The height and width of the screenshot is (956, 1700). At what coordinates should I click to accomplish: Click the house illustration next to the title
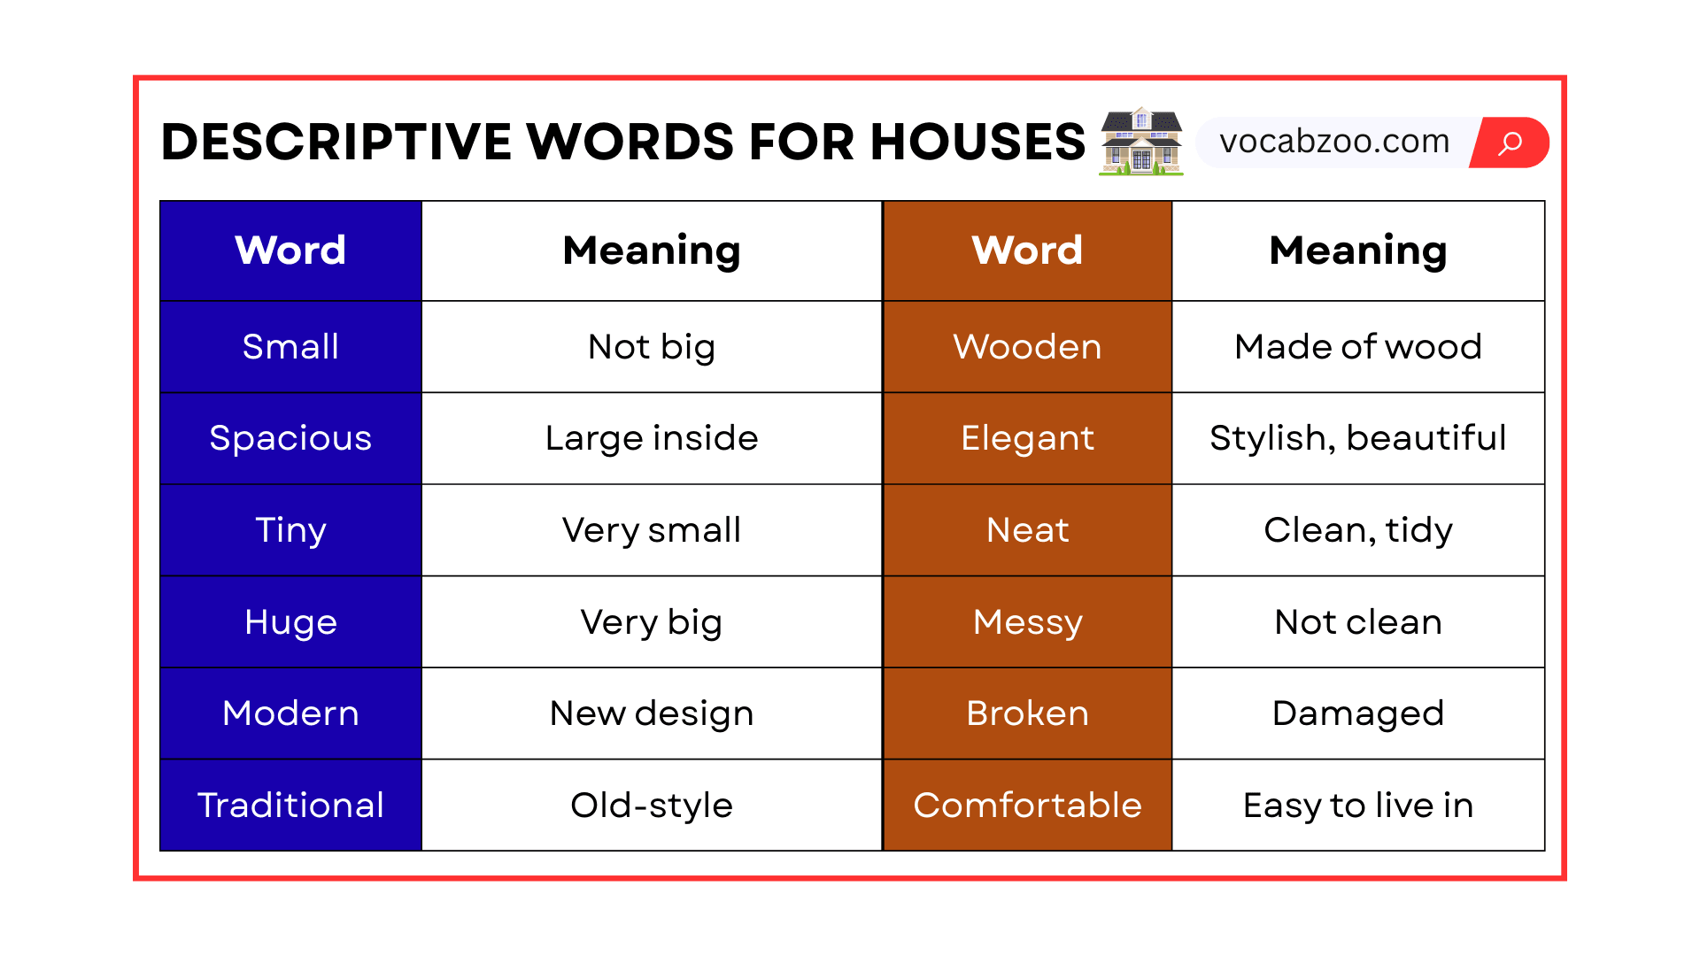[x=1140, y=142]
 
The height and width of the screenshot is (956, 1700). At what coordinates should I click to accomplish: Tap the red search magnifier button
[x=1511, y=143]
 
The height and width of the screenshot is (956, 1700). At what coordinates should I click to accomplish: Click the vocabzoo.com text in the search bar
[x=1334, y=142]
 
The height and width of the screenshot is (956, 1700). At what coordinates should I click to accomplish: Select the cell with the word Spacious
[x=290, y=438]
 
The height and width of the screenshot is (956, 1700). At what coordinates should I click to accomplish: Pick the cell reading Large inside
[x=652, y=438]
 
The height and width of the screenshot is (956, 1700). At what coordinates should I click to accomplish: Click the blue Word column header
[x=290, y=251]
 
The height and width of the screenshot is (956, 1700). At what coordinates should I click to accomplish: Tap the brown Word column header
[x=1027, y=251]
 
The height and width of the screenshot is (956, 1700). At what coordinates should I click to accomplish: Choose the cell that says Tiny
[x=290, y=530]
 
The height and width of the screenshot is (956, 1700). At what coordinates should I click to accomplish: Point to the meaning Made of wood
[x=1357, y=347]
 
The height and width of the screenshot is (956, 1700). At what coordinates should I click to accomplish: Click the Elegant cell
[x=1027, y=438]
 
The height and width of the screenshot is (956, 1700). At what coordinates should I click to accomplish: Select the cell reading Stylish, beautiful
[x=1357, y=438]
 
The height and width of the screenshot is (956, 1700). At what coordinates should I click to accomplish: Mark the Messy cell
[x=1027, y=622]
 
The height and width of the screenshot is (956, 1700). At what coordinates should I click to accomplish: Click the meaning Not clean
[x=1357, y=622]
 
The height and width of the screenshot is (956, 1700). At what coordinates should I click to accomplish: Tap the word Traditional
[x=290, y=806]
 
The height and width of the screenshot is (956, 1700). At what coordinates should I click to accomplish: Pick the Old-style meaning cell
[x=652, y=806]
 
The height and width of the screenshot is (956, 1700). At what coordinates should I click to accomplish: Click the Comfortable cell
[x=1027, y=806]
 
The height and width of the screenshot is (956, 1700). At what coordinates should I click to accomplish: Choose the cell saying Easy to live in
[x=1357, y=806]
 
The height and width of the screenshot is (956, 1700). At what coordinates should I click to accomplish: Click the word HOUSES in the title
[x=977, y=142]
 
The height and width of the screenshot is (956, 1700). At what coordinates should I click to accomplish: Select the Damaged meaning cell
[x=1357, y=713]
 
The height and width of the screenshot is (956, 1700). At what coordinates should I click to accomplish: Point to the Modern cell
[x=290, y=713]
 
